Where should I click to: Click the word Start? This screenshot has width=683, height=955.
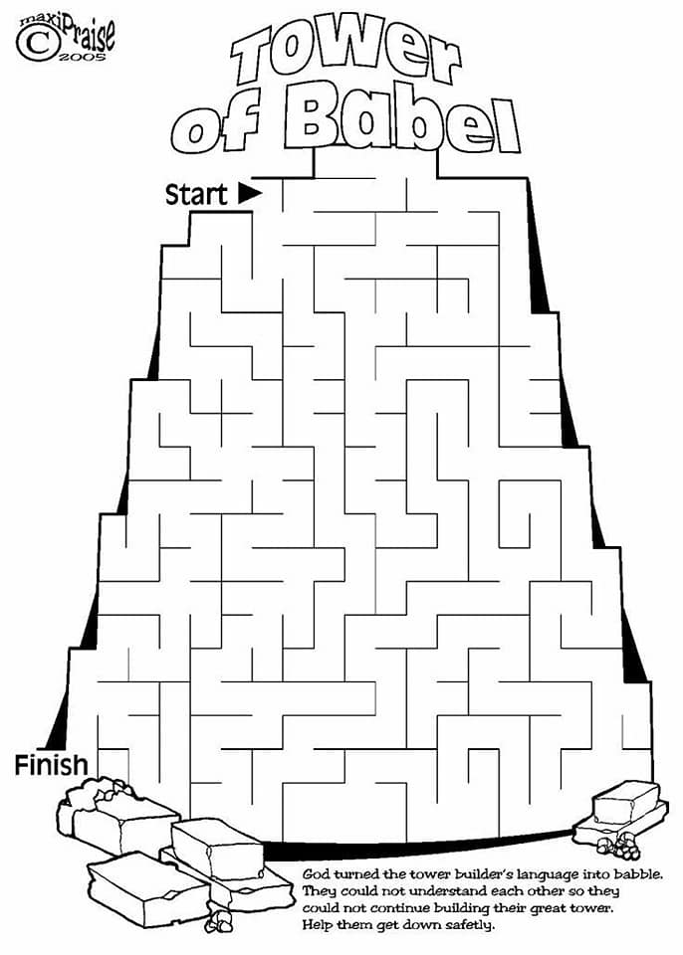tap(196, 194)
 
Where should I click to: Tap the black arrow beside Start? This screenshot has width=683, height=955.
tap(250, 193)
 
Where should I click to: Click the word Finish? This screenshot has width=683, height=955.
tap(51, 765)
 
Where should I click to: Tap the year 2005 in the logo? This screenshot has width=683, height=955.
tap(82, 58)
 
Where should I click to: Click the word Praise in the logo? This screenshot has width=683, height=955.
tap(85, 34)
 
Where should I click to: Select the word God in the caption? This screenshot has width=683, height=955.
tap(316, 874)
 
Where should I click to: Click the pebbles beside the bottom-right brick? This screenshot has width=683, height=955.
tap(617, 845)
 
